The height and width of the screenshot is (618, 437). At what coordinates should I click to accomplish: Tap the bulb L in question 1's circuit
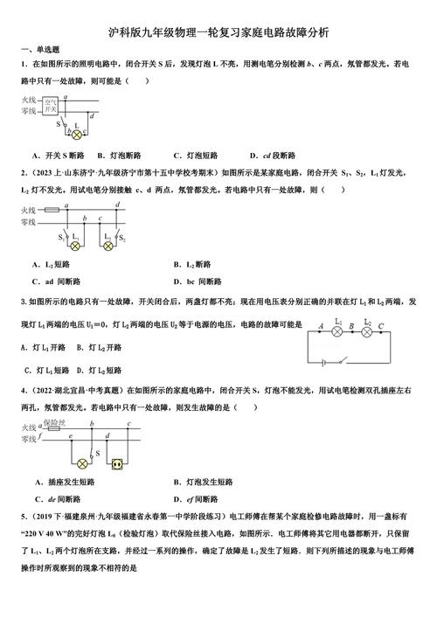(76, 135)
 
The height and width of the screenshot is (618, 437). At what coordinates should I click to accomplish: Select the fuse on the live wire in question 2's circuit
(52, 210)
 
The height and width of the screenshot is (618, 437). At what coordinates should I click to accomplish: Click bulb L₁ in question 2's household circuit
(74, 247)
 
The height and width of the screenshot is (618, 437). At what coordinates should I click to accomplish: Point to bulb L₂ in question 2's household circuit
(108, 247)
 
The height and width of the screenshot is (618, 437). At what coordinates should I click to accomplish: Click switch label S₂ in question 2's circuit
(123, 238)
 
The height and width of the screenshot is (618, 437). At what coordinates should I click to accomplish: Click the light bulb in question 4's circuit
(83, 462)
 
